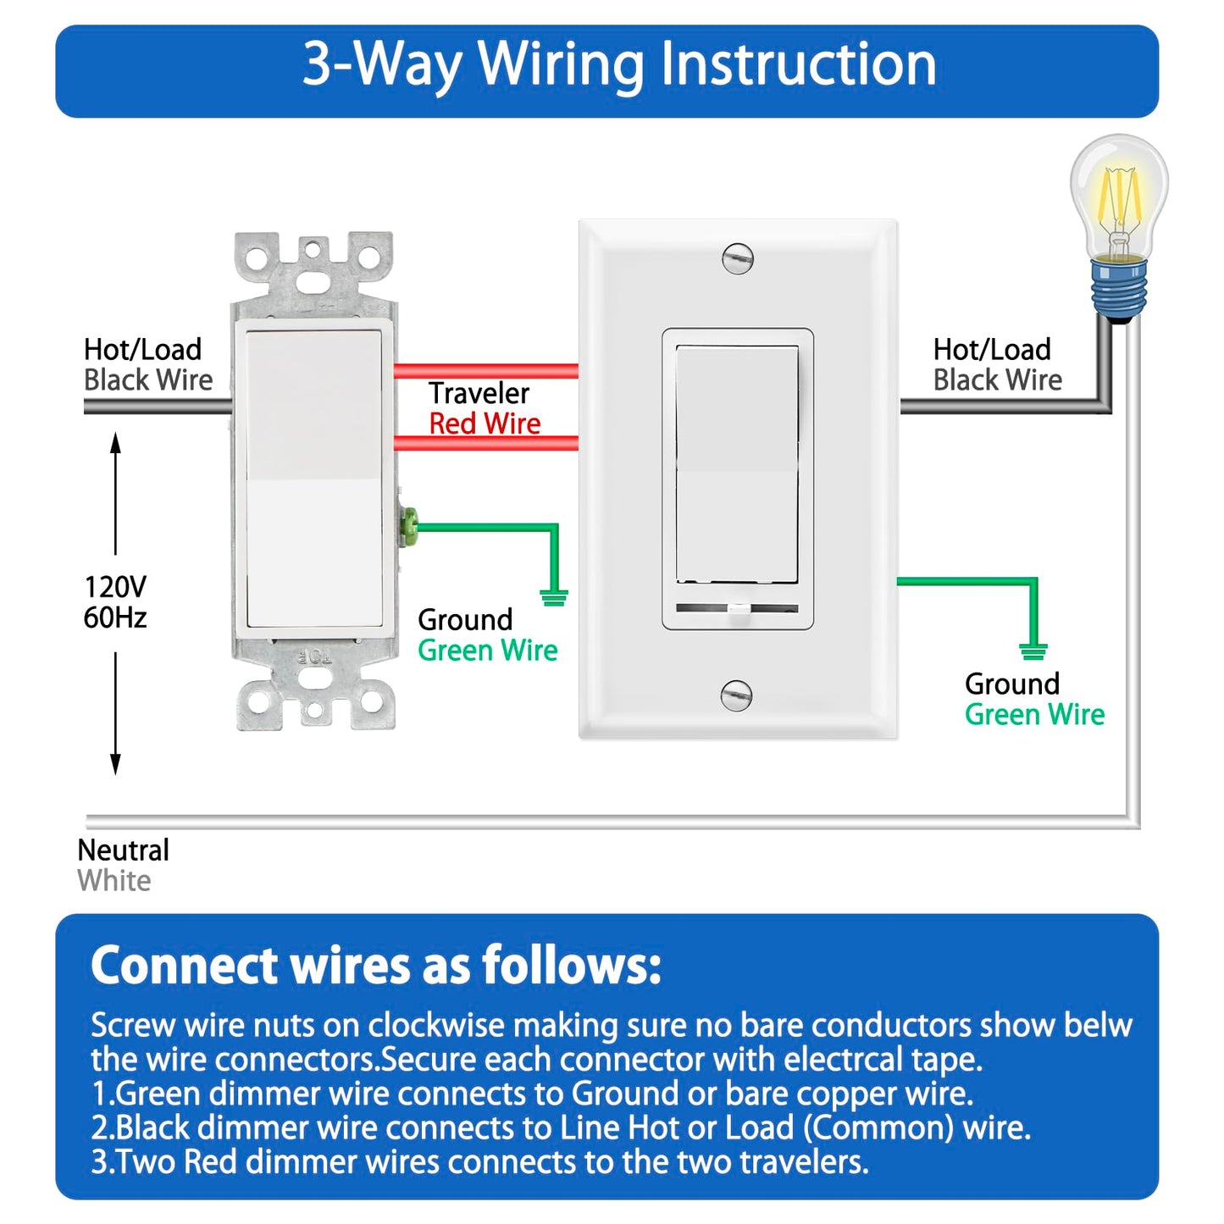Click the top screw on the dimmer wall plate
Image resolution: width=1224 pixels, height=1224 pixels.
pos(737,258)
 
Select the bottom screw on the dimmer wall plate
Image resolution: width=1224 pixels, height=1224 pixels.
pos(736,695)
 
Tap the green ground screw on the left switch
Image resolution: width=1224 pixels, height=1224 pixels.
pos(408,526)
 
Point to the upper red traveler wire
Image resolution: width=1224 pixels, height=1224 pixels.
pos(486,371)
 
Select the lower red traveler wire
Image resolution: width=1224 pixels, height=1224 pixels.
pos(486,443)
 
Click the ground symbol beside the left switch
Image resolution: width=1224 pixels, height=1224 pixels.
pos(553,597)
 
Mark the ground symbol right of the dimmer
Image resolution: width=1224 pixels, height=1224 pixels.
pos(1033,651)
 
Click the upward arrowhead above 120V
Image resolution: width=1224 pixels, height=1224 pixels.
pos(116,443)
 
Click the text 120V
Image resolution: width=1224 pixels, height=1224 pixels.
pos(115,586)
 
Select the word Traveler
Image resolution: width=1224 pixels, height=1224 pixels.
pos(479,393)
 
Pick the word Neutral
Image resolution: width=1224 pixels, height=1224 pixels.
pos(123,850)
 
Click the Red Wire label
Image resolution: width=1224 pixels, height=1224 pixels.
pos(485,424)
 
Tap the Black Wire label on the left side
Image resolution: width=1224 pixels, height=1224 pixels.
pos(148,380)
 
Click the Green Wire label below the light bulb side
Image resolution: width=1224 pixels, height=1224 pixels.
pos(1034,715)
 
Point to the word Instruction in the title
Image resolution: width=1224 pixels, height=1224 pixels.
pos(798,64)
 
